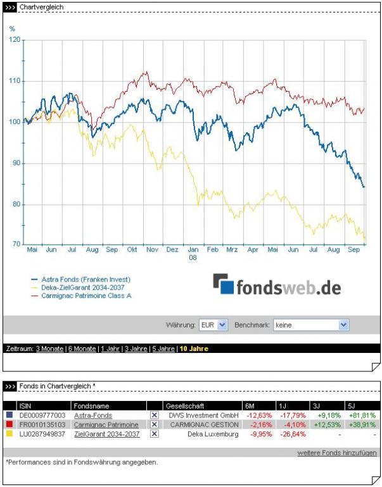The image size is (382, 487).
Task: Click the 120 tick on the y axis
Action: pos(16,39)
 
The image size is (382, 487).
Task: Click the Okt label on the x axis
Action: pos(132,250)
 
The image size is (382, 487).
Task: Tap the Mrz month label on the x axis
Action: pos(232,250)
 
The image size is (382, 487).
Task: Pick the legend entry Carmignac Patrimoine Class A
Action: pos(86,295)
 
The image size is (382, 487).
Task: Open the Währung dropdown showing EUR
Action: pos(213,324)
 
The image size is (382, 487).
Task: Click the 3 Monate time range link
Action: pos(50,348)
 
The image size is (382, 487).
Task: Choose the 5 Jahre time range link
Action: pos(162,348)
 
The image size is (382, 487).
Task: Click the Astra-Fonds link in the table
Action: pos(93,416)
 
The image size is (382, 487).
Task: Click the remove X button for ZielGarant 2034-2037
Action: pos(154,434)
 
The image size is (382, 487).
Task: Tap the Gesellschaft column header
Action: pos(182,405)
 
